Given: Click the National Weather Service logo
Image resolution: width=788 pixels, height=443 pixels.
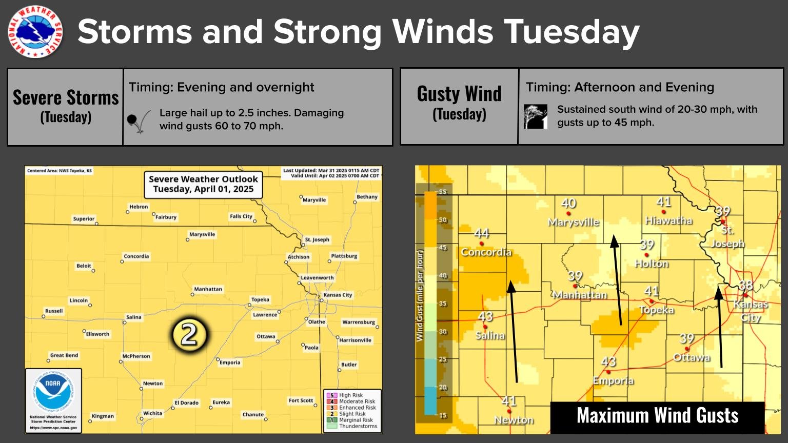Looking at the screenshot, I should tap(35, 32).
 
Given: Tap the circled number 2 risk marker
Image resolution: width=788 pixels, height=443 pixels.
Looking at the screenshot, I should tap(189, 335).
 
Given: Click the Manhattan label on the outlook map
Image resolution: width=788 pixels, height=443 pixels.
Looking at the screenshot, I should tap(208, 289).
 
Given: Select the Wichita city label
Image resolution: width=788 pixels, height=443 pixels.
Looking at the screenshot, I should tap(152, 413).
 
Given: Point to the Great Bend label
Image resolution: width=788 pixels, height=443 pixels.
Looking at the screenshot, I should tap(64, 355).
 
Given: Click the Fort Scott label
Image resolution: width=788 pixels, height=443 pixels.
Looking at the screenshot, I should tap(301, 400).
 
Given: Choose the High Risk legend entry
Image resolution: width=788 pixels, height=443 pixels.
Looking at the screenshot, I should tap(351, 395).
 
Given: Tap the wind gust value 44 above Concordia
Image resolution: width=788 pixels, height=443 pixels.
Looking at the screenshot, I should tap(481, 234).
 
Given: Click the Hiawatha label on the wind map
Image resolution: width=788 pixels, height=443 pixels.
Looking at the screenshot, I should tap(668, 220).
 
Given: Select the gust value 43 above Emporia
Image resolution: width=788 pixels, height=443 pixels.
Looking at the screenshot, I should tap(608, 362).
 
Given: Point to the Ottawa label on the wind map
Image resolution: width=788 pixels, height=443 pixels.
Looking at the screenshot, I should tap(692, 357).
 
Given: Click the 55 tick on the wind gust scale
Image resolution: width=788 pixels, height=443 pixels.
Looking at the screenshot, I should tap(442, 192).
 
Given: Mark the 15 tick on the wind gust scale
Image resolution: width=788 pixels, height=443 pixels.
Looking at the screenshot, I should tap(442, 415).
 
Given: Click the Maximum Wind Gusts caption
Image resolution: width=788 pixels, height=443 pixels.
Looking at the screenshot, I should tap(657, 415).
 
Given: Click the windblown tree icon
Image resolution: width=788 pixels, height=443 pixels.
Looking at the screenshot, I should tap(536, 116).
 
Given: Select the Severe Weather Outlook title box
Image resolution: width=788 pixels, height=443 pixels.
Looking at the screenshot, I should tap(203, 184).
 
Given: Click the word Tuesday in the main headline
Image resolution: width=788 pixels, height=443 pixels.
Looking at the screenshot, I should tap(572, 32).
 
